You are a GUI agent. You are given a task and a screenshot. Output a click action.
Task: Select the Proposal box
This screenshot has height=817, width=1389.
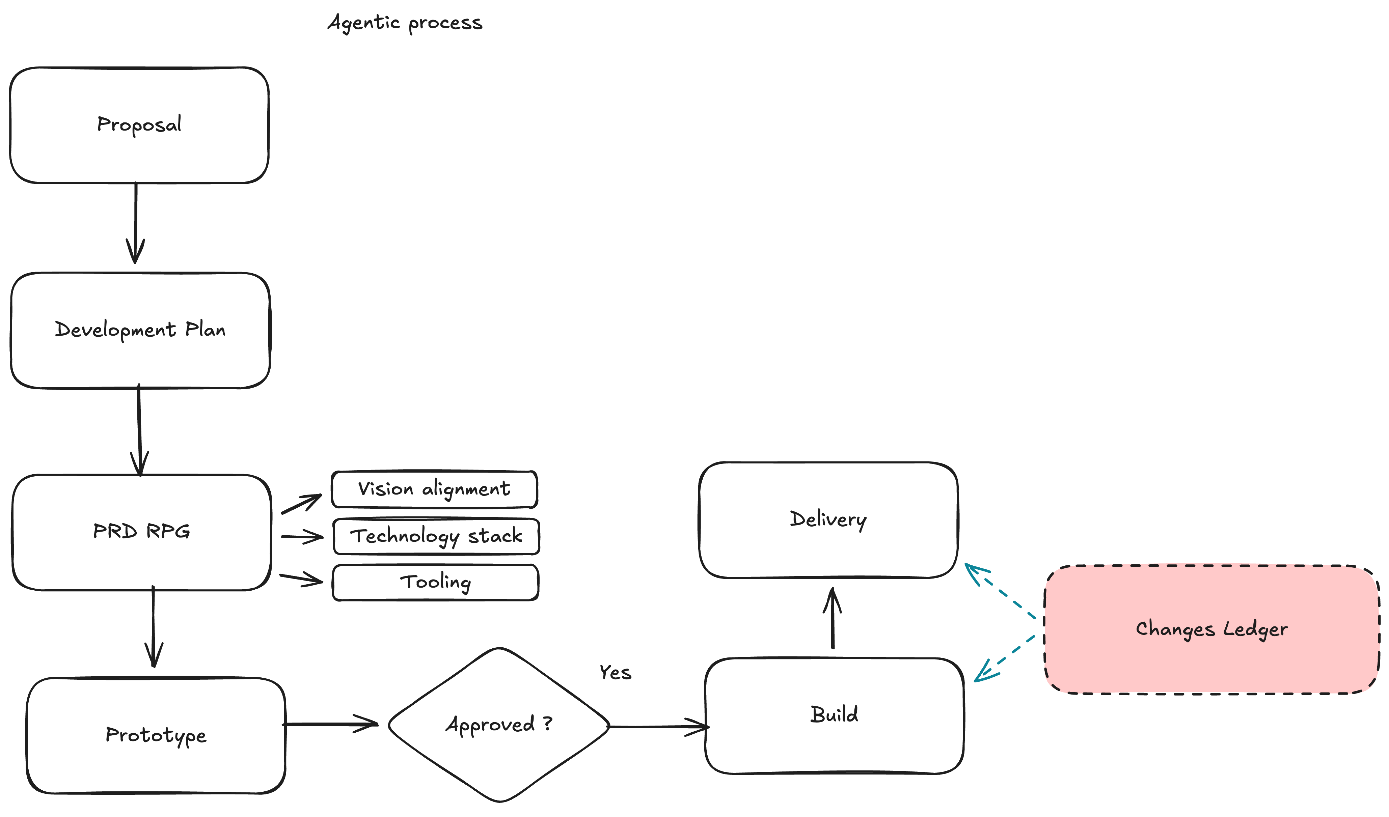click(x=139, y=125)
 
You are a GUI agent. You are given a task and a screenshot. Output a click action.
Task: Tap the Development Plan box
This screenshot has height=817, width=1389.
click(x=140, y=331)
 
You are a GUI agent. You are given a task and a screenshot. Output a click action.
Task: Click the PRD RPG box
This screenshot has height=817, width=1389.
click(x=142, y=532)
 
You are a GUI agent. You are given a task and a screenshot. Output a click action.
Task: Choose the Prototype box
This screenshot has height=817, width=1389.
click(x=156, y=735)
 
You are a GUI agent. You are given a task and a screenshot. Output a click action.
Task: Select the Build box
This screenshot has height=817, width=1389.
click(x=834, y=715)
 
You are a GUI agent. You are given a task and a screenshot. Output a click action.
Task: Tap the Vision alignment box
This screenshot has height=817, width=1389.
click(x=434, y=489)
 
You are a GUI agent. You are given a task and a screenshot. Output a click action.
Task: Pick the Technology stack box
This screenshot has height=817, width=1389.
click(x=436, y=536)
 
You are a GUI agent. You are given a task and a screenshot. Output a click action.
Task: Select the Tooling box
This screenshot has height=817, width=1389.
click(x=435, y=582)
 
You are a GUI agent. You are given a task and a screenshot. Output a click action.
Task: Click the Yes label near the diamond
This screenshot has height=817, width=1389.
click(x=615, y=673)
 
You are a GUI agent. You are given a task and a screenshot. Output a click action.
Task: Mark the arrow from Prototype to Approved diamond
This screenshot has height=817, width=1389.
click(x=331, y=725)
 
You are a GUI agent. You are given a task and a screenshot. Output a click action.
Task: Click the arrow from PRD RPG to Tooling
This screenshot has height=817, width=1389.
click(x=301, y=579)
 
